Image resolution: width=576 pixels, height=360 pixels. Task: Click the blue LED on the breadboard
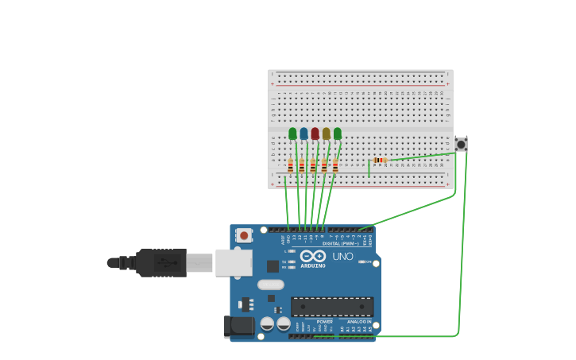[303, 134]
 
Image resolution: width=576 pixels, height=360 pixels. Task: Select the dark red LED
[315, 134]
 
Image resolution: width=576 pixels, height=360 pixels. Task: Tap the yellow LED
[326, 134]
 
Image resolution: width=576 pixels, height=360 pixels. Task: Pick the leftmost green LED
[292, 134]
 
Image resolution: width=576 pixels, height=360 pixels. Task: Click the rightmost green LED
[338, 134]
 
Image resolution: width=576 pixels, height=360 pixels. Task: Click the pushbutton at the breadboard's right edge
[461, 144]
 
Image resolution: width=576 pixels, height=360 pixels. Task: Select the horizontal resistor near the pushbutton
[380, 161]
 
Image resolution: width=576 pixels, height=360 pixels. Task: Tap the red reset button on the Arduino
[244, 235]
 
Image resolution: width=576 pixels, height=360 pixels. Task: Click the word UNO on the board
[342, 256]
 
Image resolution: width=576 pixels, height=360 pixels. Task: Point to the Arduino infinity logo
[313, 256]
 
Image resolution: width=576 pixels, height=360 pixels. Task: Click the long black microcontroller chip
[332, 307]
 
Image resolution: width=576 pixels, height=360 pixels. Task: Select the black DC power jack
[238, 326]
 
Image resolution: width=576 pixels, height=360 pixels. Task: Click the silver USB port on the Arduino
[234, 262]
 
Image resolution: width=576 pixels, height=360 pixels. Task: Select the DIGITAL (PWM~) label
[341, 243]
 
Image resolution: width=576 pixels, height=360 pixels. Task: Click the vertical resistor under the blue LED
[302, 166]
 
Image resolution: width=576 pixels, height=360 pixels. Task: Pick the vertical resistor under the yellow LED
[324, 166]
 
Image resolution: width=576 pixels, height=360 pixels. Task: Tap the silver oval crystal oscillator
[271, 285]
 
